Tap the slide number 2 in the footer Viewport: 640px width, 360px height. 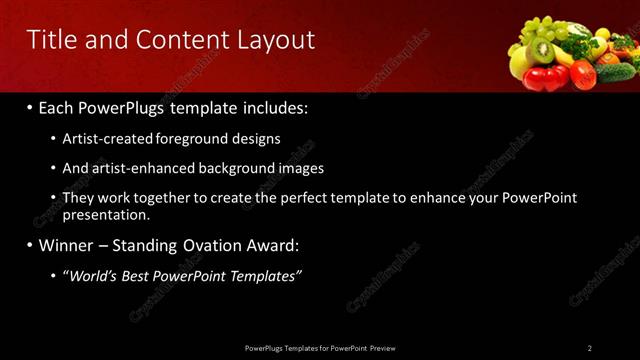tap(590, 348)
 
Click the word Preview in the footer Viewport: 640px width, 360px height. tap(383, 348)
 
